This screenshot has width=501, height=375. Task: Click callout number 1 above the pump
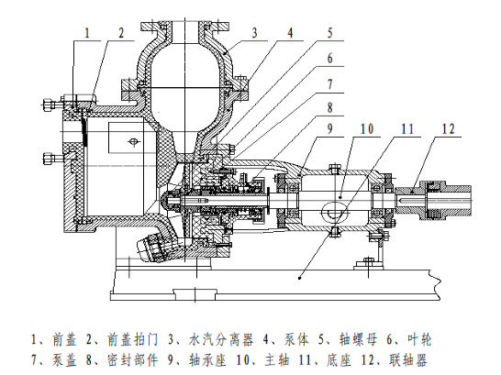[x=87, y=33]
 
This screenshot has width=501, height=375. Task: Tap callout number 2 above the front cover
[x=121, y=33]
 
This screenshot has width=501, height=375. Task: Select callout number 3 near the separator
[x=254, y=33]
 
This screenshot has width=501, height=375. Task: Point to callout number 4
[x=290, y=33]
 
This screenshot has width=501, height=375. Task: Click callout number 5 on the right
[x=330, y=33]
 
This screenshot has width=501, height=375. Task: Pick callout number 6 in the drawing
[x=330, y=59]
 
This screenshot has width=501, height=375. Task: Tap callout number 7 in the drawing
[x=330, y=84]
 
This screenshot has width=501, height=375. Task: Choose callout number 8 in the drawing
[x=330, y=107]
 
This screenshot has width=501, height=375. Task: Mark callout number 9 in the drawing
[x=330, y=129]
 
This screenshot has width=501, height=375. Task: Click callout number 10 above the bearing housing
[x=367, y=129]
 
